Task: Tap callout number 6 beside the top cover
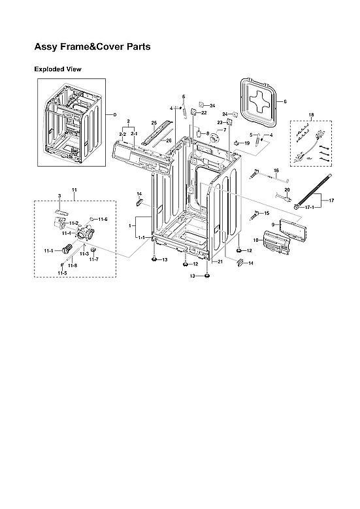coord(285,102)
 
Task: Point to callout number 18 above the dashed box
coord(311,115)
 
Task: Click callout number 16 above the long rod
coord(276,170)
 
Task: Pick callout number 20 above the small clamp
coord(286,190)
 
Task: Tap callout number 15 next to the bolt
coord(266,213)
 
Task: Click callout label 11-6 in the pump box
coord(103,219)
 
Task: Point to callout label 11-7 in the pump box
coord(93,259)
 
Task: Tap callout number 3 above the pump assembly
coord(59,195)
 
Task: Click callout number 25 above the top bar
coord(154,123)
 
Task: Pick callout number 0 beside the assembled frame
coord(114,115)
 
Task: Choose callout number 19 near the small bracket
coord(247,142)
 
